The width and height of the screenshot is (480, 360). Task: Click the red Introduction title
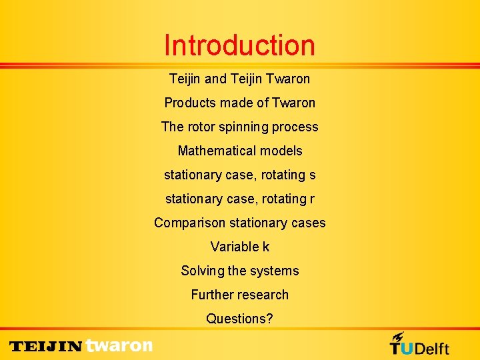pyautogui.click(x=239, y=45)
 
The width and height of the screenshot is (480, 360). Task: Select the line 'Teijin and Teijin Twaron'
pyautogui.click(x=239, y=79)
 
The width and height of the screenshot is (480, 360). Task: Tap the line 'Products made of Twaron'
pyautogui.click(x=239, y=103)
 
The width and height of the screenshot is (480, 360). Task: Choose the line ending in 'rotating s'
pyautogui.click(x=239, y=175)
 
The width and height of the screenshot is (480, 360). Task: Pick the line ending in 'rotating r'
pyautogui.click(x=239, y=199)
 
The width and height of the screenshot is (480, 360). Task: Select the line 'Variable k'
pyautogui.click(x=239, y=247)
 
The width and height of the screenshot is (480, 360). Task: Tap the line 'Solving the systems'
pyautogui.click(x=239, y=271)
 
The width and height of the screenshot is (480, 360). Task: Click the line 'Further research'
pyautogui.click(x=239, y=295)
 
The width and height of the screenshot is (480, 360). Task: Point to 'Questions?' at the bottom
pyautogui.click(x=239, y=319)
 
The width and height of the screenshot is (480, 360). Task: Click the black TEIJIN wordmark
pyautogui.click(x=45, y=347)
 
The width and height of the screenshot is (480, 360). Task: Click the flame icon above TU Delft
pyautogui.click(x=398, y=337)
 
